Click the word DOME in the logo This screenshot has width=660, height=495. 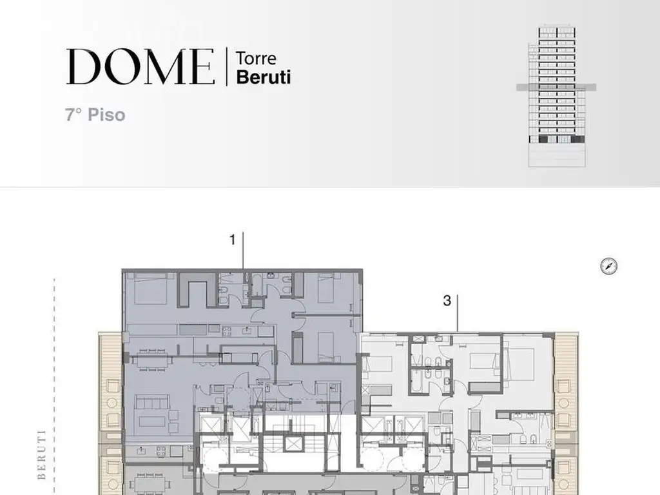(x=140, y=66)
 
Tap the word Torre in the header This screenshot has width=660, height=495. (x=256, y=58)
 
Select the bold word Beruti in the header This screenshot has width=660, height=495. (x=264, y=77)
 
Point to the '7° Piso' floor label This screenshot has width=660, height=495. (x=95, y=115)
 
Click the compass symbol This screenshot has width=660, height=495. (x=608, y=266)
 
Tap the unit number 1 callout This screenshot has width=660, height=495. (x=233, y=240)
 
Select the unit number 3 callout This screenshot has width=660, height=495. (x=447, y=301)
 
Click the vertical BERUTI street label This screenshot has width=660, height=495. (x=42, y=454)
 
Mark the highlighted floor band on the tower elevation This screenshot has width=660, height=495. (x=556, y=88)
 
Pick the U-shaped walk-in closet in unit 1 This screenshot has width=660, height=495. (x=197, y=290)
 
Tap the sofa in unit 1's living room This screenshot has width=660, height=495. (x=151, y=402)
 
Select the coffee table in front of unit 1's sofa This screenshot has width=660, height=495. (x=152, y=423)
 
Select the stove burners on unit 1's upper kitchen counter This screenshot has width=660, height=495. (x=226, y=331)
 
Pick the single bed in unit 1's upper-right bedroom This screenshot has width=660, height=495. (x=326, y=288)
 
